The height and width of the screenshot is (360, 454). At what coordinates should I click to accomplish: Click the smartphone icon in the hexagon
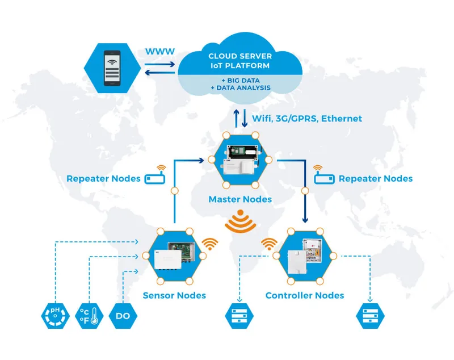click(x=112, y=68)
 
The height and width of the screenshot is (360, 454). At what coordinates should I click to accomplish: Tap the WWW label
click(x=160, y=52)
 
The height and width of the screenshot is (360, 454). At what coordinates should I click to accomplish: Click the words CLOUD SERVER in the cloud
click(x=240, y=56)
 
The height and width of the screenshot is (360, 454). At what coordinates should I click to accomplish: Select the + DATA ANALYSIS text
click(x=241, y=88)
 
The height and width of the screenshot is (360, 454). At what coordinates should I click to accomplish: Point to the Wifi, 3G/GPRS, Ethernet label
click(x=307, y=119)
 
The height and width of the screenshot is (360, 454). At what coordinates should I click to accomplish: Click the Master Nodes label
click(x=240, y=199)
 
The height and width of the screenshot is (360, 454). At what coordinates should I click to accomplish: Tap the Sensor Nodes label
click(x=174, y=295)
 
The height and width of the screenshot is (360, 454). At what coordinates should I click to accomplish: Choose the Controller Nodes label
click(x=305, y=295)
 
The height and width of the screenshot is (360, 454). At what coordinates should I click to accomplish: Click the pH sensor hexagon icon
click(x=55, y=316)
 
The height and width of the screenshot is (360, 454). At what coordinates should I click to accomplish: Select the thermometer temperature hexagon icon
click(x=89, y=316)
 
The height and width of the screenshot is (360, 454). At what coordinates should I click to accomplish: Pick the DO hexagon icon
click(x=123, y=316)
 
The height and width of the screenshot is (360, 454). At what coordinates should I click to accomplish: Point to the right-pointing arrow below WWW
click(x=160, y=64)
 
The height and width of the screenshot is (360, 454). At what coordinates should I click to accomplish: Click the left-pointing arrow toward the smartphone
click(x=160, y=73)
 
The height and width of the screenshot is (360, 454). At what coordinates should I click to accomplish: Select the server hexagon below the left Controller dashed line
click(x=239, y=316)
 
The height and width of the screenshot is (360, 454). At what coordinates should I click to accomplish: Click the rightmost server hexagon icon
click(x=371, y=316)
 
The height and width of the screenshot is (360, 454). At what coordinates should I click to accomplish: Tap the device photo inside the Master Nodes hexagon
click(x=240, y=160)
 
